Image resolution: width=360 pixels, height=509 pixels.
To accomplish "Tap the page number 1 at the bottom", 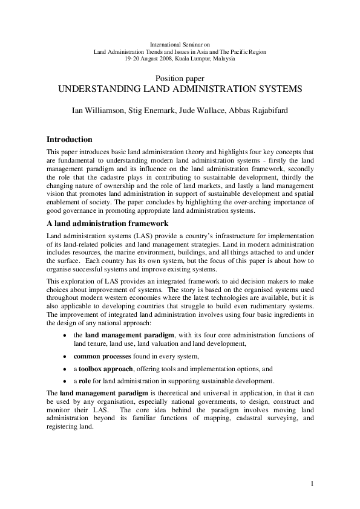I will (x=312, y=484).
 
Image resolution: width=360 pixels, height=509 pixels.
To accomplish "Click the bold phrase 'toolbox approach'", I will (x=104, y=369).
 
